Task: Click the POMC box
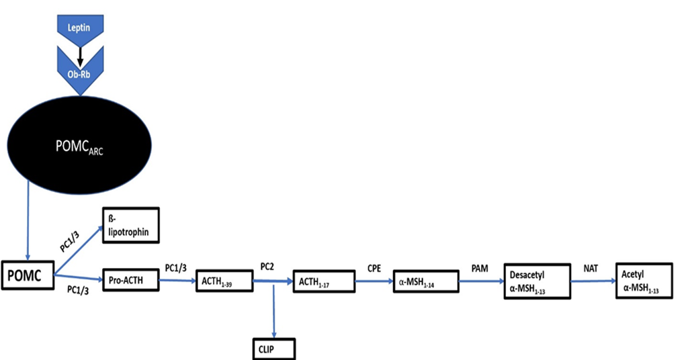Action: (28, 276)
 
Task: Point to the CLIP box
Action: (270, 349)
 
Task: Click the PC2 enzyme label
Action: (267, 267)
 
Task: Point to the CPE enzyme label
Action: (373, 267)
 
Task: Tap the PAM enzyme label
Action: (479, 267)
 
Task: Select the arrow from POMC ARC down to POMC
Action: (28, 222)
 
